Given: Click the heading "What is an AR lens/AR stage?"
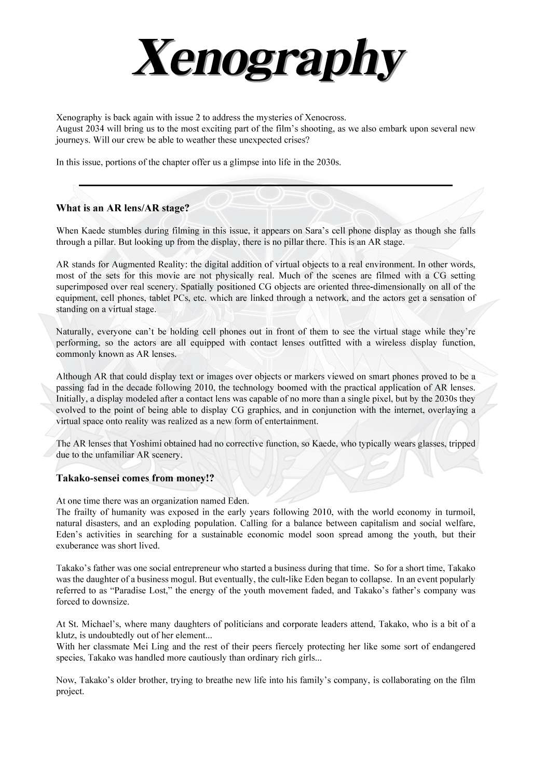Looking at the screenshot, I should pyautogui.click(x=122, y=209).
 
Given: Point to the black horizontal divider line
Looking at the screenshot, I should pyautogui.click(x=265, y=185).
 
